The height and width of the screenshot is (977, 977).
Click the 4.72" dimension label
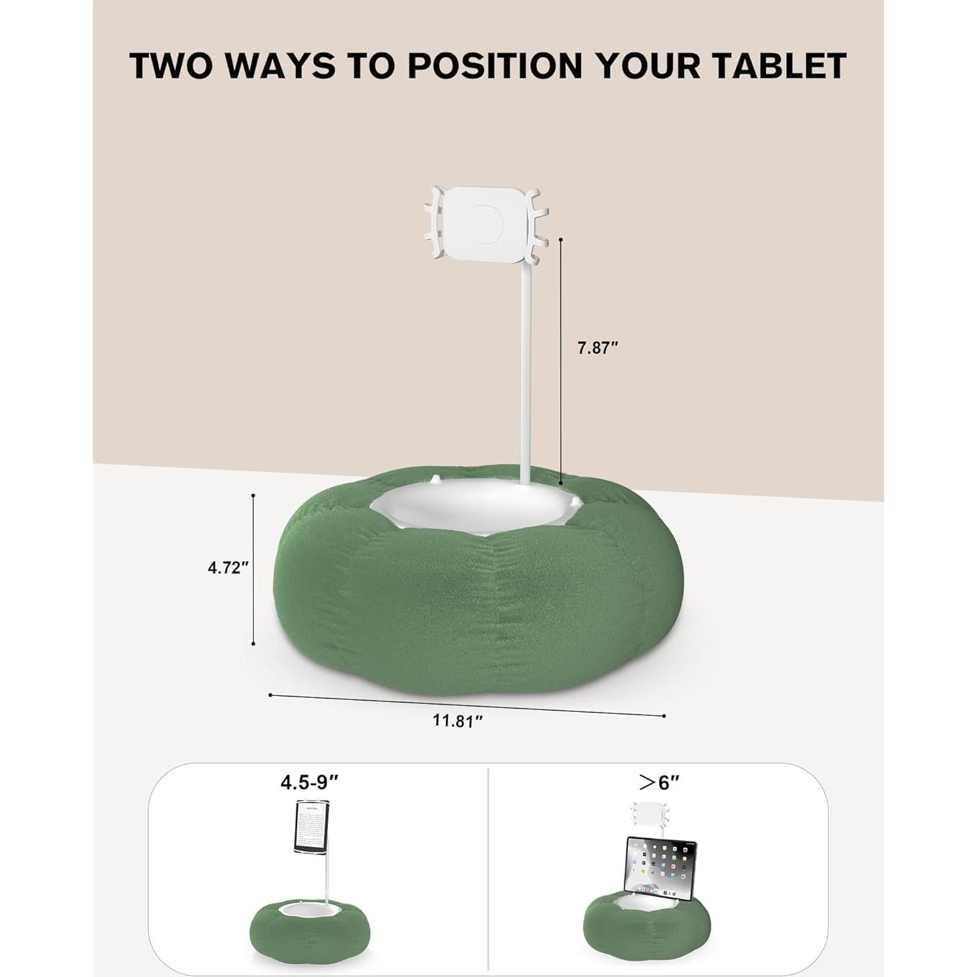tap(228, 568)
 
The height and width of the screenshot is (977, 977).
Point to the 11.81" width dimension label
tap(457, 721)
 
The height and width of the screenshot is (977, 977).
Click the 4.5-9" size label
tap(309, 782)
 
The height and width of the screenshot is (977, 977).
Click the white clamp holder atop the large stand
tap(485, 223)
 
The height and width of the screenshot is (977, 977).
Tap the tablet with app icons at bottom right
tap(661, 866)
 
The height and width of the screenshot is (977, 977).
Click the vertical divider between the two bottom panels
tap(489, 868)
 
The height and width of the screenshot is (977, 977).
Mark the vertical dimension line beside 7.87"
tap(561, 361)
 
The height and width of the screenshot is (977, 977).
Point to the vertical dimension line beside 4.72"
tap(253, 569)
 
